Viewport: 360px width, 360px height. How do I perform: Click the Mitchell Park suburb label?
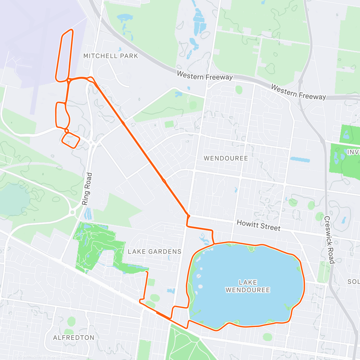coord(111,56)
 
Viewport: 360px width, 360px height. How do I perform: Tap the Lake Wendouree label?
coord(248,286)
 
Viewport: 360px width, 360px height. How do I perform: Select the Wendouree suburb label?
coord(226,158)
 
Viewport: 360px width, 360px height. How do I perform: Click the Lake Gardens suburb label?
coord(154,251)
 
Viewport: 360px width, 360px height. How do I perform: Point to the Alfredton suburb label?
coord(74,337)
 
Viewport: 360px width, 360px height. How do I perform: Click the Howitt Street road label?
coord(258,225)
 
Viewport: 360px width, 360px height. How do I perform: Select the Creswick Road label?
coord(329,240)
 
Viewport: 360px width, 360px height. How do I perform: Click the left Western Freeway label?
coord(205,75)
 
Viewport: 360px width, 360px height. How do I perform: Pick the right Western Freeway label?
coord(298,92)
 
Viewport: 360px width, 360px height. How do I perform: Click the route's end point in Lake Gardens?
coord(146,271)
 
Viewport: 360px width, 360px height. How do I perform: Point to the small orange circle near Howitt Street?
coord(188,216)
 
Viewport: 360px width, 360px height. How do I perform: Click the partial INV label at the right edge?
coord(353,152)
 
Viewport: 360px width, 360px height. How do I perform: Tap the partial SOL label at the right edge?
coord(353,281)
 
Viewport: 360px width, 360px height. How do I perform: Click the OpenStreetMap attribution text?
coord(48,356)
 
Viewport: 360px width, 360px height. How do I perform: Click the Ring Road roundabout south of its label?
coord(73,212)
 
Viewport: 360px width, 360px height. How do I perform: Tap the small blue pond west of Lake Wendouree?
coord(171,291)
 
